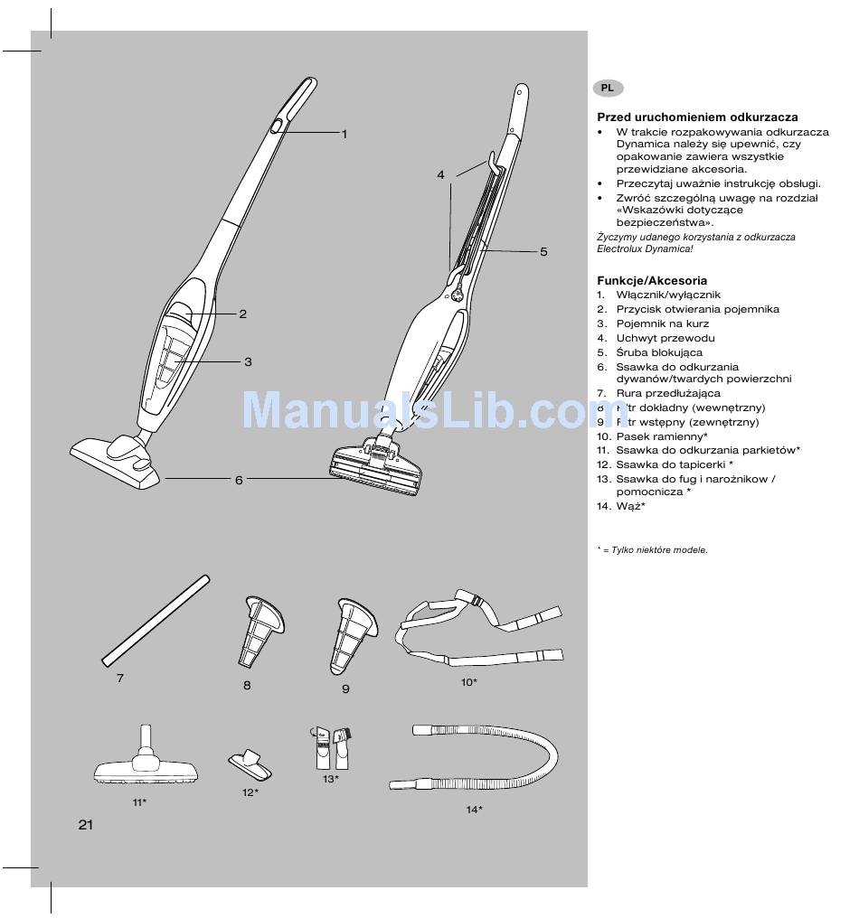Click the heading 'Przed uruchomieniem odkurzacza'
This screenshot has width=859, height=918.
coord(697,117)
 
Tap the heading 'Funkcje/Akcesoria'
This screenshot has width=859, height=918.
coord(652,281)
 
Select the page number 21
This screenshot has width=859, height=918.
coord(86,824)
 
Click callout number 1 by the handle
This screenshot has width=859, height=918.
coord(345,134)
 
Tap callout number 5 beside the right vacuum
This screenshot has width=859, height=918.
coord(543,252)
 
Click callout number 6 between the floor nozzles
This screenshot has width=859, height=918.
coord(239,480)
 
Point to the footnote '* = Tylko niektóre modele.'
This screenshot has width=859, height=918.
coord(652,549)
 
